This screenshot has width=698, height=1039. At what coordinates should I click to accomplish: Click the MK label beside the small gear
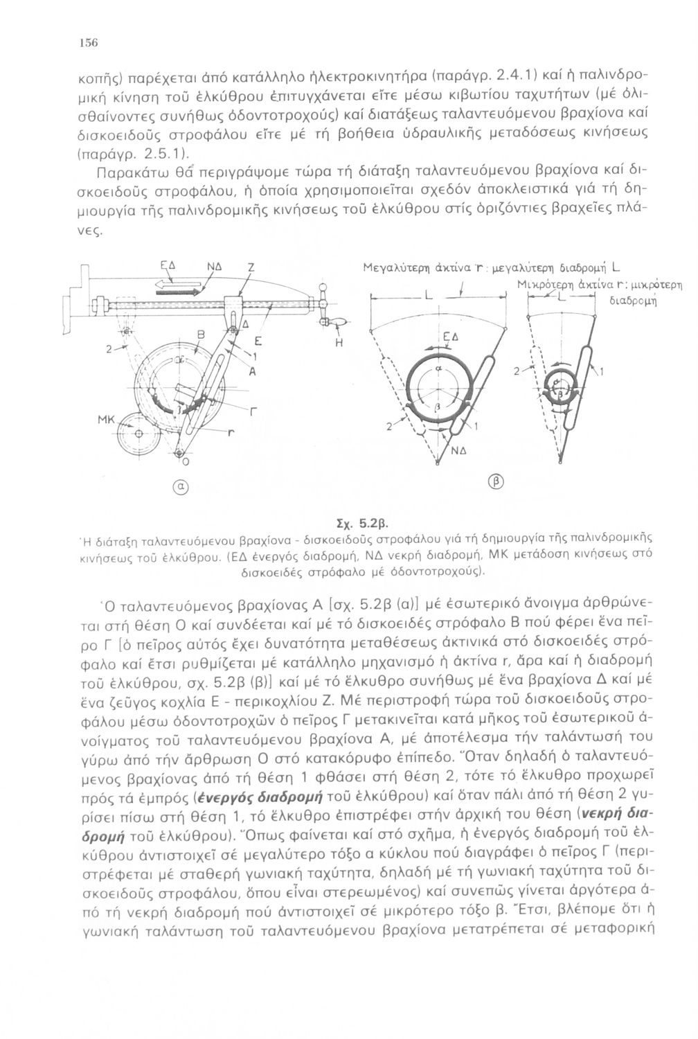coord(106,421)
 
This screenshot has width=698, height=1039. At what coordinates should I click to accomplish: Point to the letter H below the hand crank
coord(340,341)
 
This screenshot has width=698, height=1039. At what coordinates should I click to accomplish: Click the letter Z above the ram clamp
coord(251,266)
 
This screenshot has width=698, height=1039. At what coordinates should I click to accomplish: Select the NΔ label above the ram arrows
coord(213,266)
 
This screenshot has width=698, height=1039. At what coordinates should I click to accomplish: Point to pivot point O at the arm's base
coord(179,453)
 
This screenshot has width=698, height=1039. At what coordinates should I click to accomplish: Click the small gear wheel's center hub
coord(138,434)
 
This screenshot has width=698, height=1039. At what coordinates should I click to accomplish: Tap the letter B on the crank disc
coord(202,336)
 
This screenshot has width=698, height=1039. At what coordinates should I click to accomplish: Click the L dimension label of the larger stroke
coord(429,296)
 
